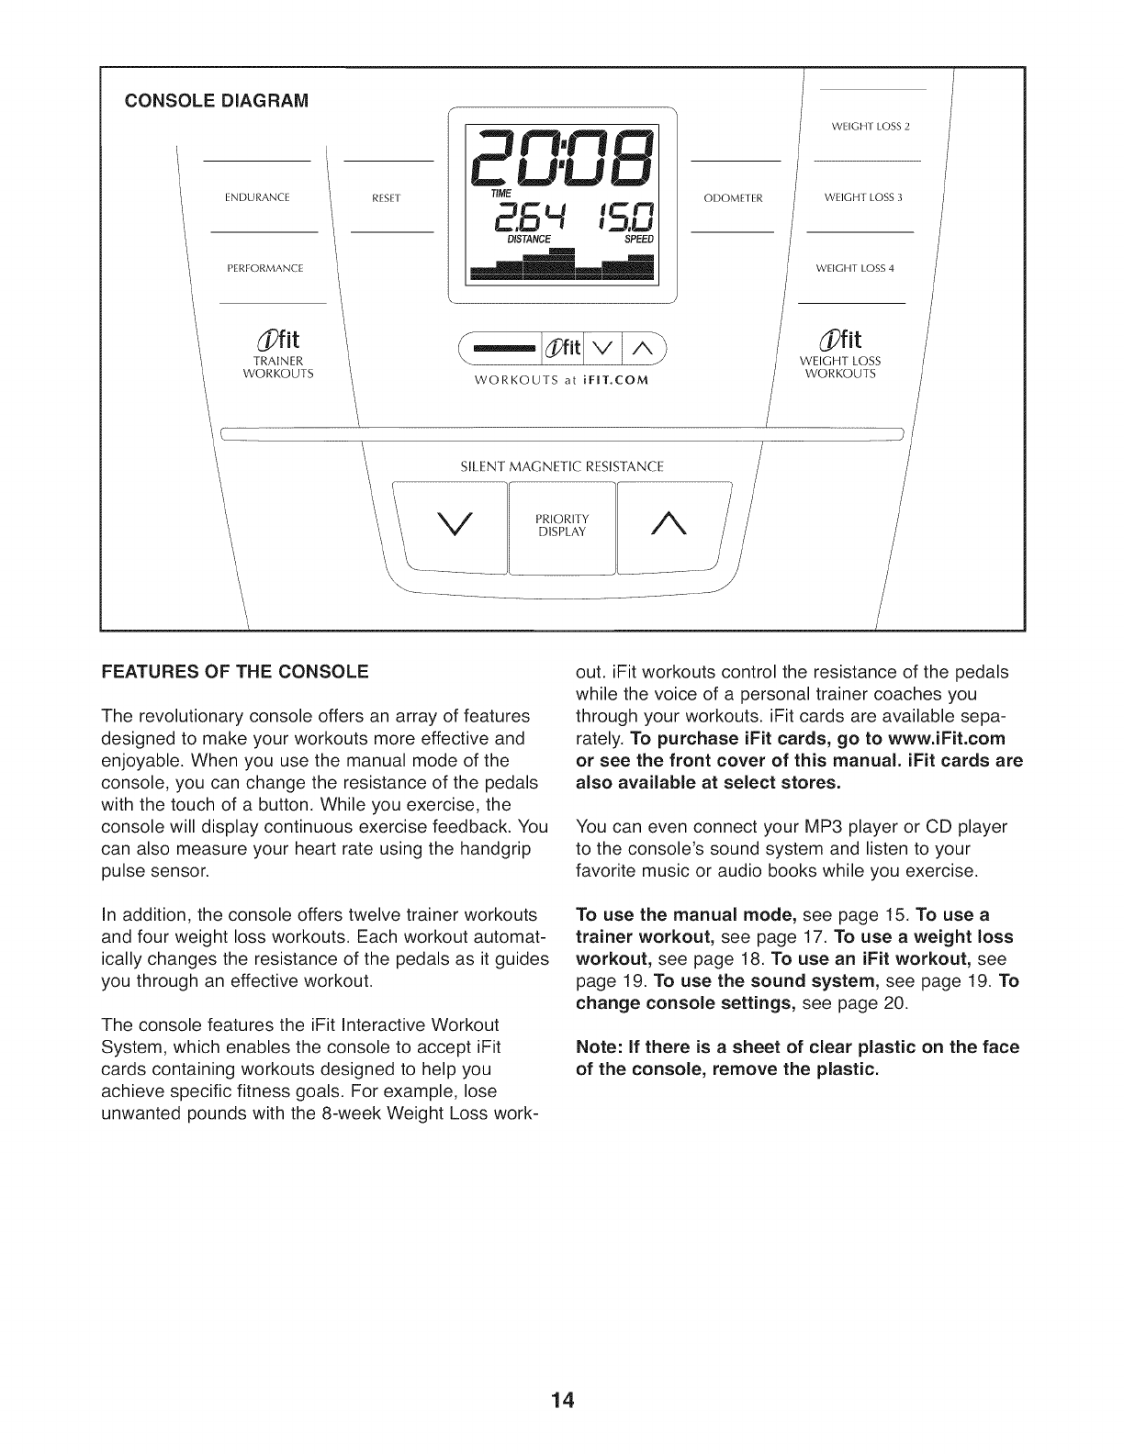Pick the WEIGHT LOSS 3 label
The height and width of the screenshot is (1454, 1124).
pos(862,197)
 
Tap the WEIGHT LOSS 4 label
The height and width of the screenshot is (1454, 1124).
pos(854,269)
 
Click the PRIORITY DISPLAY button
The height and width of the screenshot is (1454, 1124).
pos(561,524)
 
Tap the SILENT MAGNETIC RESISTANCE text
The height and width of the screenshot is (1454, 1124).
pos(561,466)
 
